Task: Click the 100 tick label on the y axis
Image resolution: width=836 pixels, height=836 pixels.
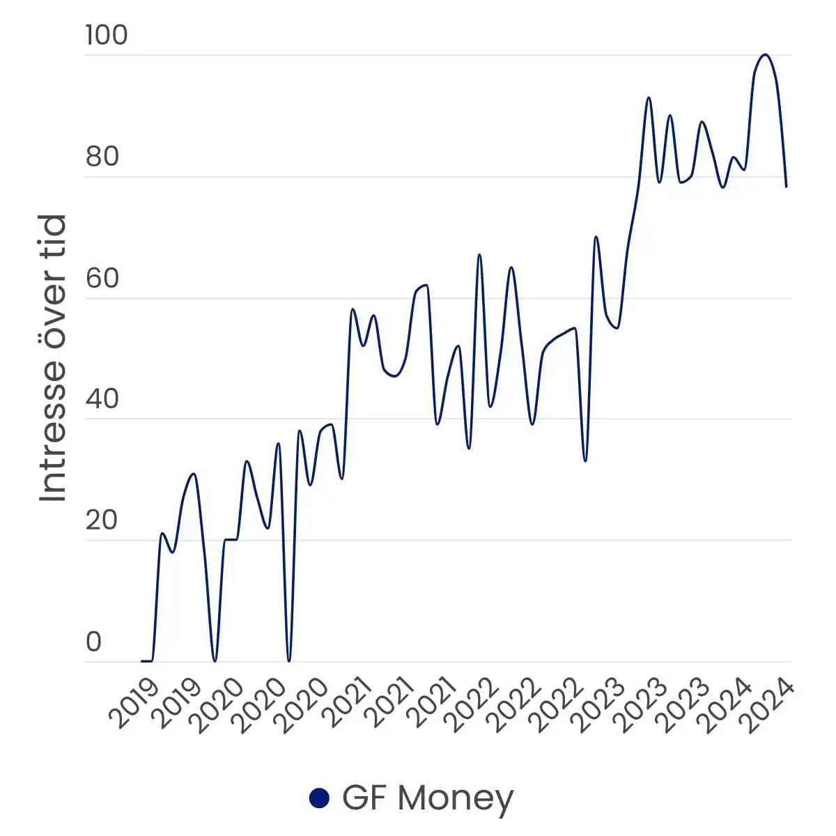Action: (107, 35)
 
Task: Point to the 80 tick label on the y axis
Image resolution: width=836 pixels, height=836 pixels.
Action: (102, 157)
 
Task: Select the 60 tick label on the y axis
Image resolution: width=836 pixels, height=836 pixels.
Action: (102, 279)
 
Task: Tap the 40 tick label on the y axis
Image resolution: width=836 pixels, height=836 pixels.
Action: (102, 399)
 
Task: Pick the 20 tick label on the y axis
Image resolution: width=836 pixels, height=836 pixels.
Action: (102, 520)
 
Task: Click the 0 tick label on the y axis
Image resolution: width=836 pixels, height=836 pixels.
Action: (94, 642)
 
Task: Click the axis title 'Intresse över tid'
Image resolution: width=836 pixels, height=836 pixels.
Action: (53, 357)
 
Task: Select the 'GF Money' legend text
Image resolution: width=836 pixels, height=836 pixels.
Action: (427, 798)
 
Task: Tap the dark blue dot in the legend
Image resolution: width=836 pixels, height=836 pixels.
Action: (319, 798)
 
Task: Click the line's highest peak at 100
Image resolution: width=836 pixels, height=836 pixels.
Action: (765, 54)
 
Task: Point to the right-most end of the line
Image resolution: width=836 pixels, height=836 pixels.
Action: (787, 187)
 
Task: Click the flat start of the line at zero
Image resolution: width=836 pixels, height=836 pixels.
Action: (146, 660)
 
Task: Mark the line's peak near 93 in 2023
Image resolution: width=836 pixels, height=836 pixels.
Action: (649, 98)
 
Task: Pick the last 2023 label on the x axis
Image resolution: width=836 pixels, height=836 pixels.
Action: (686, 705)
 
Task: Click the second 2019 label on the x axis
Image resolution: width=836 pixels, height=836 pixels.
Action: (178, 705)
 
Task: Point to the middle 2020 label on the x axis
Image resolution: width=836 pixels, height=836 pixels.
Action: (261, 705)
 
